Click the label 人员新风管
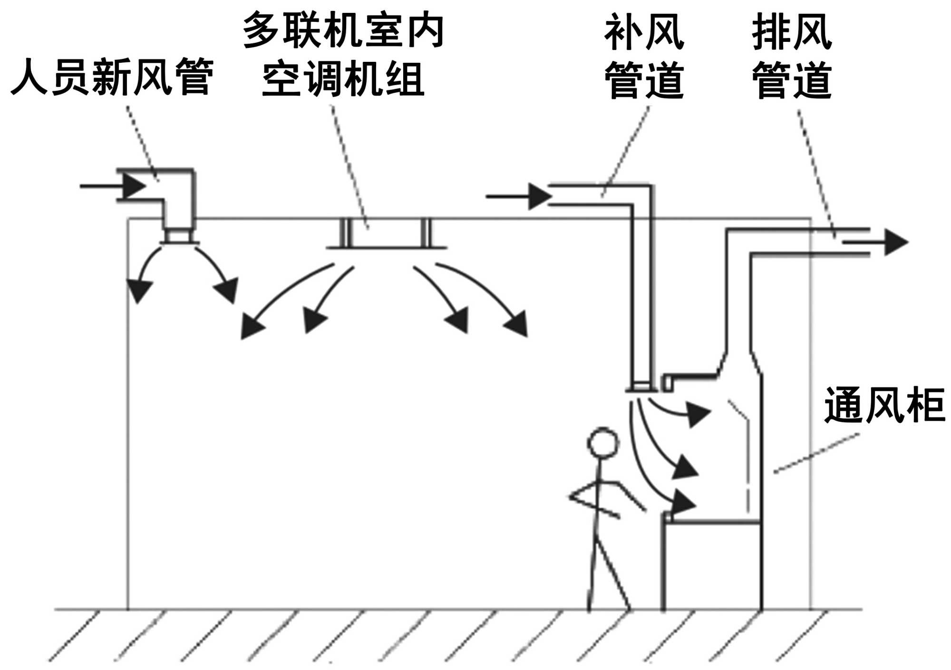click(x=112, y=77)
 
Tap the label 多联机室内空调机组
click(x=343, y=55)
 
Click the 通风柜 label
click(x=884, y=406)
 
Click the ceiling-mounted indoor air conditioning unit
click(x=386, y=234)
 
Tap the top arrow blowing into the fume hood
click(x=697, y=414)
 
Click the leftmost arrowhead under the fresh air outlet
click(x=139, y=291)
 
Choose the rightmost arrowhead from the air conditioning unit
click(x=518, y=324)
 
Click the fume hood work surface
click(x=713, y=522)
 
